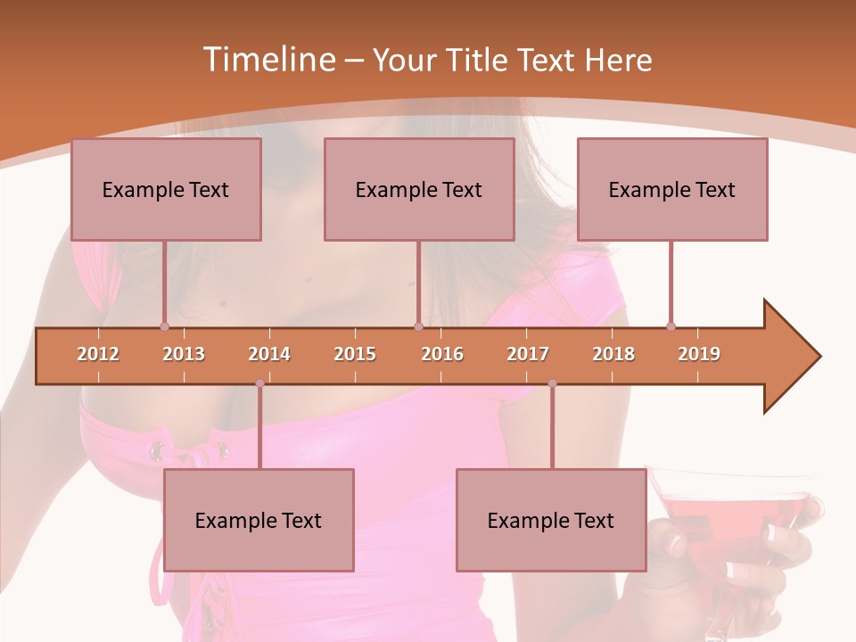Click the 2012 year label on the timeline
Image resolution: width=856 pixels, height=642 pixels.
tap(98, 354)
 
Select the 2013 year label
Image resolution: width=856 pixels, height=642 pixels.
tap(184, 354)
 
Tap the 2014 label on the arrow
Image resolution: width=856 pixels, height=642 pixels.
tap(269, 354)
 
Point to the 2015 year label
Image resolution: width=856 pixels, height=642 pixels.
tap(355, 354)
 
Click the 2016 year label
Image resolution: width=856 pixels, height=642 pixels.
tap(442, 354)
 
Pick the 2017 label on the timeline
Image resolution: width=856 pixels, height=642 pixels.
tap(528, 354)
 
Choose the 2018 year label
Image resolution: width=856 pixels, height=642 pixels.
tap(613, 354)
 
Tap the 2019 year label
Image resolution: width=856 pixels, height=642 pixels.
tap(699, 354)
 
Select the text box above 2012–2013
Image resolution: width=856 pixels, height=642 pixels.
tap(166, 189)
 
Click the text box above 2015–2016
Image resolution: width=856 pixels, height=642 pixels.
tap(419, 189)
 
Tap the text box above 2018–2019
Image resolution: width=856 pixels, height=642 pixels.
tap(672, 189)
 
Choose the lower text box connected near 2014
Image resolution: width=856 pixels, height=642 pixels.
tap(259, 520)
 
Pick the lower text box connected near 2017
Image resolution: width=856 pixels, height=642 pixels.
tap(551, 520)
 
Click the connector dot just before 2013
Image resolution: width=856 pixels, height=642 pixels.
tap(165, 326)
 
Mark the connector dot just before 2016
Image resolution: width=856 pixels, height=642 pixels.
tap(418, 326)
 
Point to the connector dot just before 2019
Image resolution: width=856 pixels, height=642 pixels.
tap(671, 326)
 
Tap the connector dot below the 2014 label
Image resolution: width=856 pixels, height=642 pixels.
tap(259, 383)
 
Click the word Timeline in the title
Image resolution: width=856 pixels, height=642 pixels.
tap(267, 60)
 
